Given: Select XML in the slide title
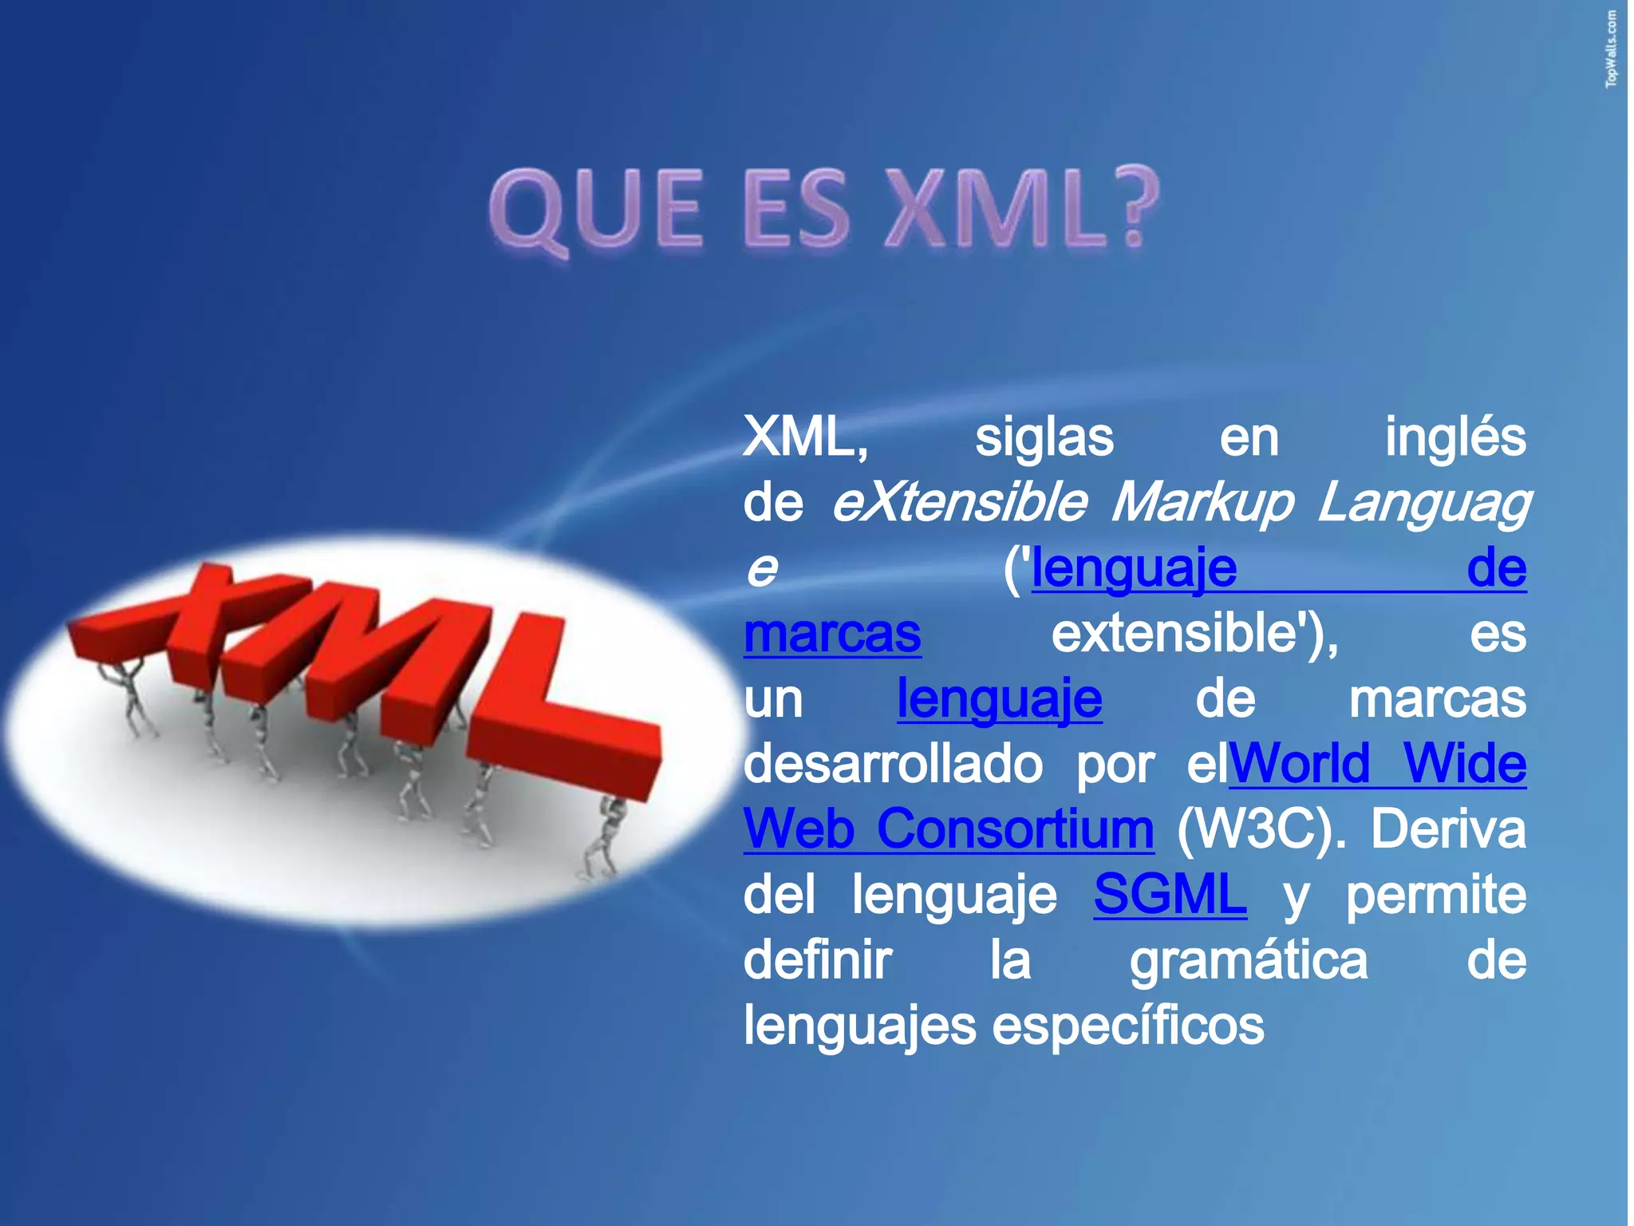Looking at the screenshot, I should tap(982, 208).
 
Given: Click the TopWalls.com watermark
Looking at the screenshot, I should tap(1612, 49).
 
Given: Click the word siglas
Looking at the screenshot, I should tap(1044, 438).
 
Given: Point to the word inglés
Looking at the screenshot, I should tap(1454, 438).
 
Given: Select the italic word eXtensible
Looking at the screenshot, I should tap(958, 504).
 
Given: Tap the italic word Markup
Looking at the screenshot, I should tap(1202, 504).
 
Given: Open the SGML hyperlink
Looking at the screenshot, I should tap(1169, 895).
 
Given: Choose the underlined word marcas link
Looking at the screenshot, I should tap(832, 634).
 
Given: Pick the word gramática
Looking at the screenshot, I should tap(1248, 961).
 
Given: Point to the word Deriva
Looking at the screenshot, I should tap(1447, 829).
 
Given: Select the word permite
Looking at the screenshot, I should tap(1436, 895).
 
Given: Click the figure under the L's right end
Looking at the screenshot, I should tap(606, 838).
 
